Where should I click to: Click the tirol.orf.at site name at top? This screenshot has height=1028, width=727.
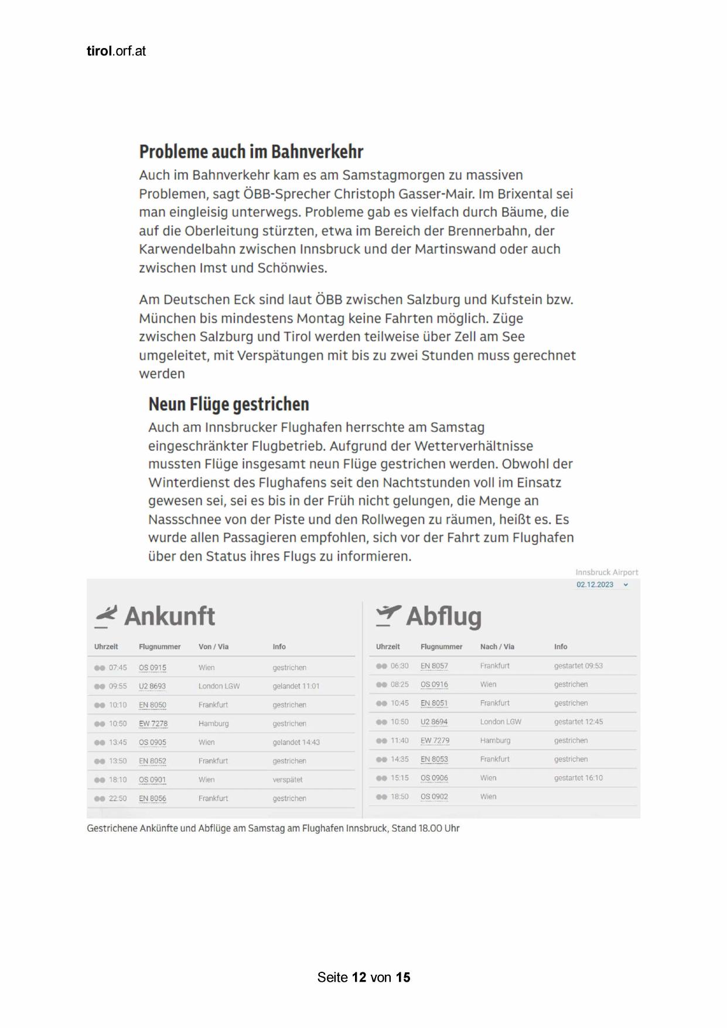[x=116, y=51]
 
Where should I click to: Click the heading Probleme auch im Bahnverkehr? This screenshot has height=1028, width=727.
[x=251, y=152]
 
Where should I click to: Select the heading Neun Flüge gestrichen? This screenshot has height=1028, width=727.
[x=228, y=404]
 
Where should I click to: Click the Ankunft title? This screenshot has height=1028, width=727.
[x=169, y=616]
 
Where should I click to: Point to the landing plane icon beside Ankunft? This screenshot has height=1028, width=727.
[x=105, y=616]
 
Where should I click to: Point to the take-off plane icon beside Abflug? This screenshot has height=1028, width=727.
[x=388, y=616]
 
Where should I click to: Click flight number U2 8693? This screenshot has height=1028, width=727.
[x=152, y=686]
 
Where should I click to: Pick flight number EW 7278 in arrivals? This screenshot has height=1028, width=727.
[x=153, y=723]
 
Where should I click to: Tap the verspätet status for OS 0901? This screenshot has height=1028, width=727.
[x=288, y=780]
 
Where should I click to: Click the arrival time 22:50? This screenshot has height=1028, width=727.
[x=118, y=798]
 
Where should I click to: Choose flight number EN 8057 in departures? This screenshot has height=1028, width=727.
[x=434, y=666]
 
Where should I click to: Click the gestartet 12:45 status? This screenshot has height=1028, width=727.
[x=578, y=722]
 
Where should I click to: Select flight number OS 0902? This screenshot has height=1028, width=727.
[x=434, y=797]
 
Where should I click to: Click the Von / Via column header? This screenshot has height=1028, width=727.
[x=213, y=647]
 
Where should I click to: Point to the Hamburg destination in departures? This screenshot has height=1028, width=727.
[x=495, y=740]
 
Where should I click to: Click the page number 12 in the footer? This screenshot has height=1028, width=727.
[x=359, y=977]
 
